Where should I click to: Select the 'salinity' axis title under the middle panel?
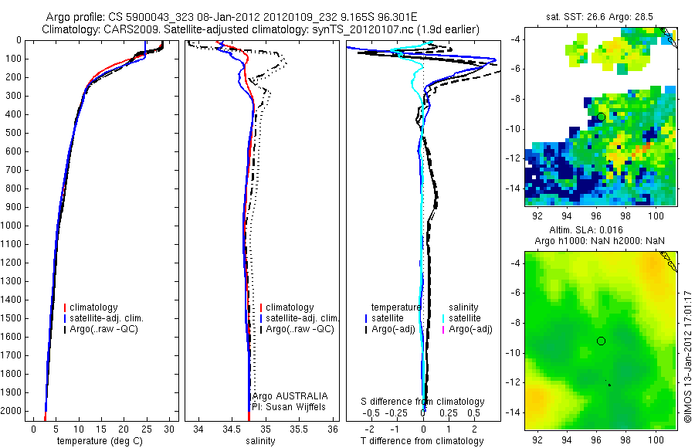click(x=259, y=441)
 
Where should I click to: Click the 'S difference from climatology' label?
click(x=423, y=402)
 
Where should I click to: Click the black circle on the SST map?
click(x=601, y=117)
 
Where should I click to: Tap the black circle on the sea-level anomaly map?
click(x=601, y=341)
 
